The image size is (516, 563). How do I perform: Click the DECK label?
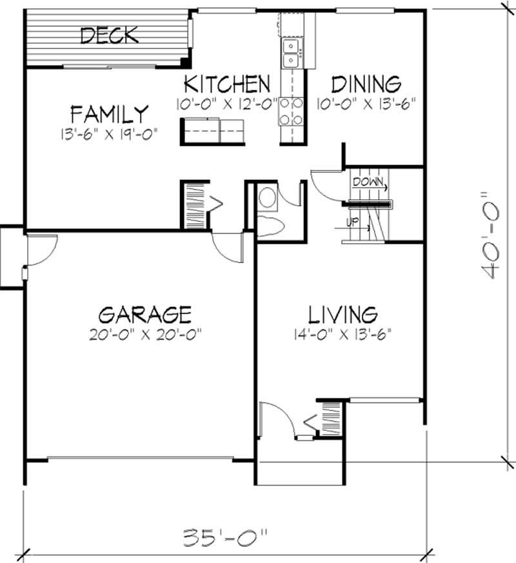pos(109,35)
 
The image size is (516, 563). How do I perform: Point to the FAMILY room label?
pos(109,114)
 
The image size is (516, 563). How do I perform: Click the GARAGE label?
pos(144,315)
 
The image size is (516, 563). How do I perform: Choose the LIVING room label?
pos(342,315)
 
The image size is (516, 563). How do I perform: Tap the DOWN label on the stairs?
pos(366,182)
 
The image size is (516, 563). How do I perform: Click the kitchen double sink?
pos(292,52)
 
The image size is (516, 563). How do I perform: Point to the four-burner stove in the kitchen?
pos(291,110)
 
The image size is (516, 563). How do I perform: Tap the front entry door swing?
pos(276,419)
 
